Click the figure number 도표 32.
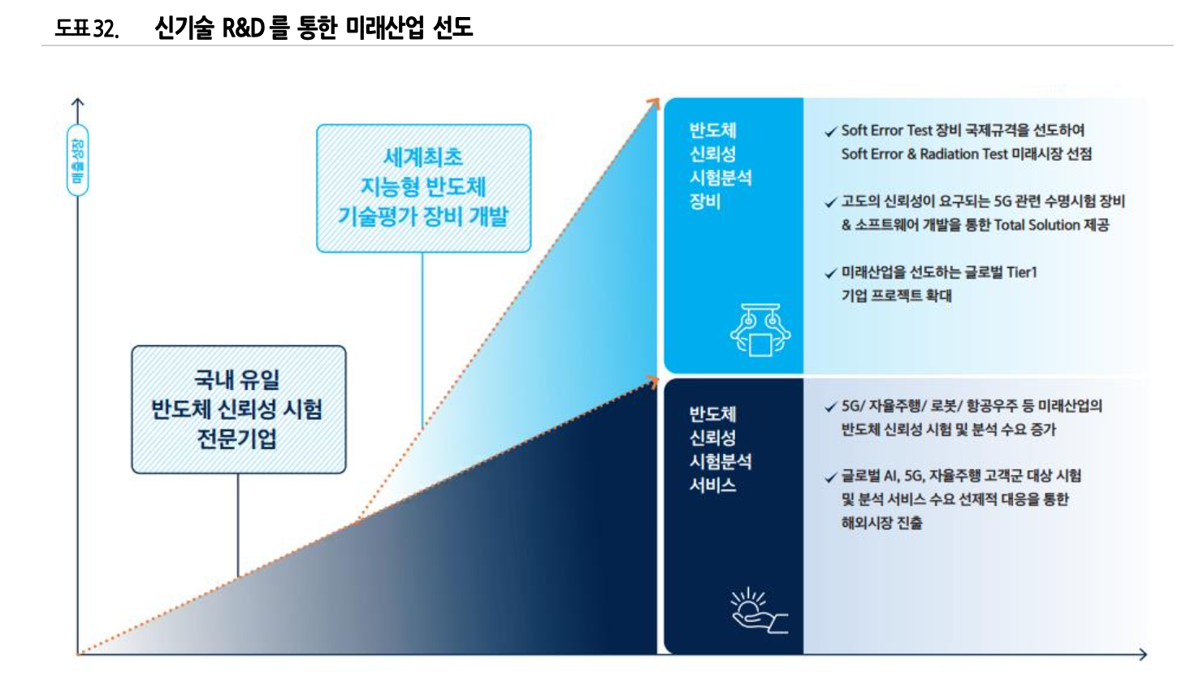87,28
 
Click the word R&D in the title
244,28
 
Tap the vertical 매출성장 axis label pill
78,160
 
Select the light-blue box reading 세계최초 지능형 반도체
423,188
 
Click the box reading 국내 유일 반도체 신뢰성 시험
238,409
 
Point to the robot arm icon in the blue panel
760,330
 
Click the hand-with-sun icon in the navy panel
758,611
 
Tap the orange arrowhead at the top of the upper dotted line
654,102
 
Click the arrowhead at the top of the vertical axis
78,102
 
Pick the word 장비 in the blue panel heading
705,201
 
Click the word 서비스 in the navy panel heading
713,486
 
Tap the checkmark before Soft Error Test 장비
830,132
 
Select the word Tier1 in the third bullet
1022,272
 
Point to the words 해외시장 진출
881,523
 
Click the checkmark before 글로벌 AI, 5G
830,477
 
